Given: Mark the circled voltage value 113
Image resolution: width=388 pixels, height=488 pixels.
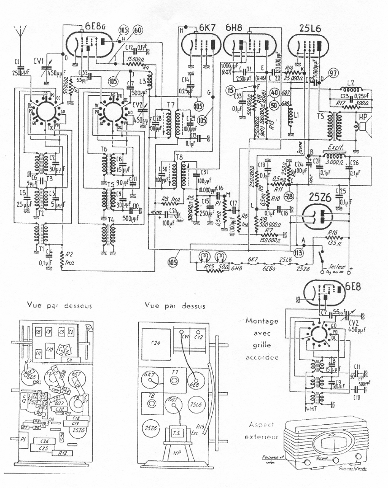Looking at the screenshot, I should coord(298,252).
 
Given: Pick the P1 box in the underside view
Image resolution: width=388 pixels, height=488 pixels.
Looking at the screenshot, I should coord(23,438).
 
